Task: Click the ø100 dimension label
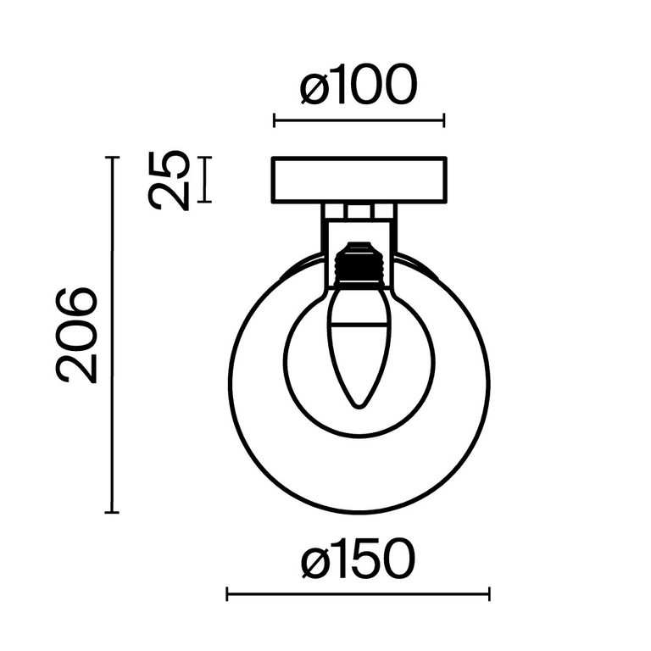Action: pos(359,87)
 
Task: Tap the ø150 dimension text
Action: pos(359,561)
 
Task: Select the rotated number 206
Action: pos(77,335)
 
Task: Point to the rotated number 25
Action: pos(169,180)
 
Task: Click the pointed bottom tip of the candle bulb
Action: pos(359,404)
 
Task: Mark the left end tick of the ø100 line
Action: pos(274,120)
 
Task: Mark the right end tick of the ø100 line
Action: pos(444,120)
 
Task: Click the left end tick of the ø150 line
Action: pos(227,594)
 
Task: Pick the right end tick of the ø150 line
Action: pos(489,594)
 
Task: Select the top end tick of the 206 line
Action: pos(111,158)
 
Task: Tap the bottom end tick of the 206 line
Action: pos(111,512)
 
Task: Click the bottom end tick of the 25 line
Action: pos(204,202)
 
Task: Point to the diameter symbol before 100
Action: pos(314,88)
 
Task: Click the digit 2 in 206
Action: pos(77,366)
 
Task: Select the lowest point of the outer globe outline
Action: pos(359,512)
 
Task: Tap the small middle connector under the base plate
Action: pos(359,211)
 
